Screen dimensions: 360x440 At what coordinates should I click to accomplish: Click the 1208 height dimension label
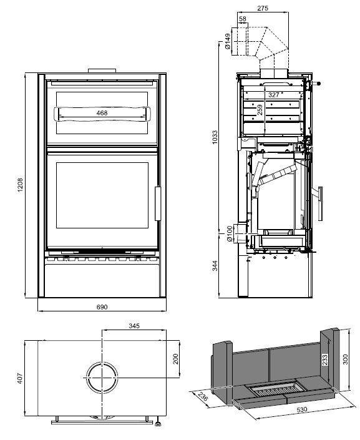[20, 185]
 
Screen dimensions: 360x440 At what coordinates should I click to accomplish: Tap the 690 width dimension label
[102, 307]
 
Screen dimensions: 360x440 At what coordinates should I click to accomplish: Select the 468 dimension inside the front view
[102, 113]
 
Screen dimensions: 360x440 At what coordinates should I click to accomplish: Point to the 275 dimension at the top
[263, 8]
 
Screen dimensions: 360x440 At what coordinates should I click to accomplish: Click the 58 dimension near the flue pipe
[243, 19]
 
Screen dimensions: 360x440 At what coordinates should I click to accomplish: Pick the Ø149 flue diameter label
[228, 41]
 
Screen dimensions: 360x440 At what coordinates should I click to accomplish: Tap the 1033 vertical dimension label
[215, 137]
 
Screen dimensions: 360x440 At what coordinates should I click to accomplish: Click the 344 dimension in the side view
[215, 265]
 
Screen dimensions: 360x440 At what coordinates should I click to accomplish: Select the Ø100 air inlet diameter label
[229, 233]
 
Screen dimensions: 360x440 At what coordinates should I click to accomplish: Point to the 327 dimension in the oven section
[273, 95]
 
